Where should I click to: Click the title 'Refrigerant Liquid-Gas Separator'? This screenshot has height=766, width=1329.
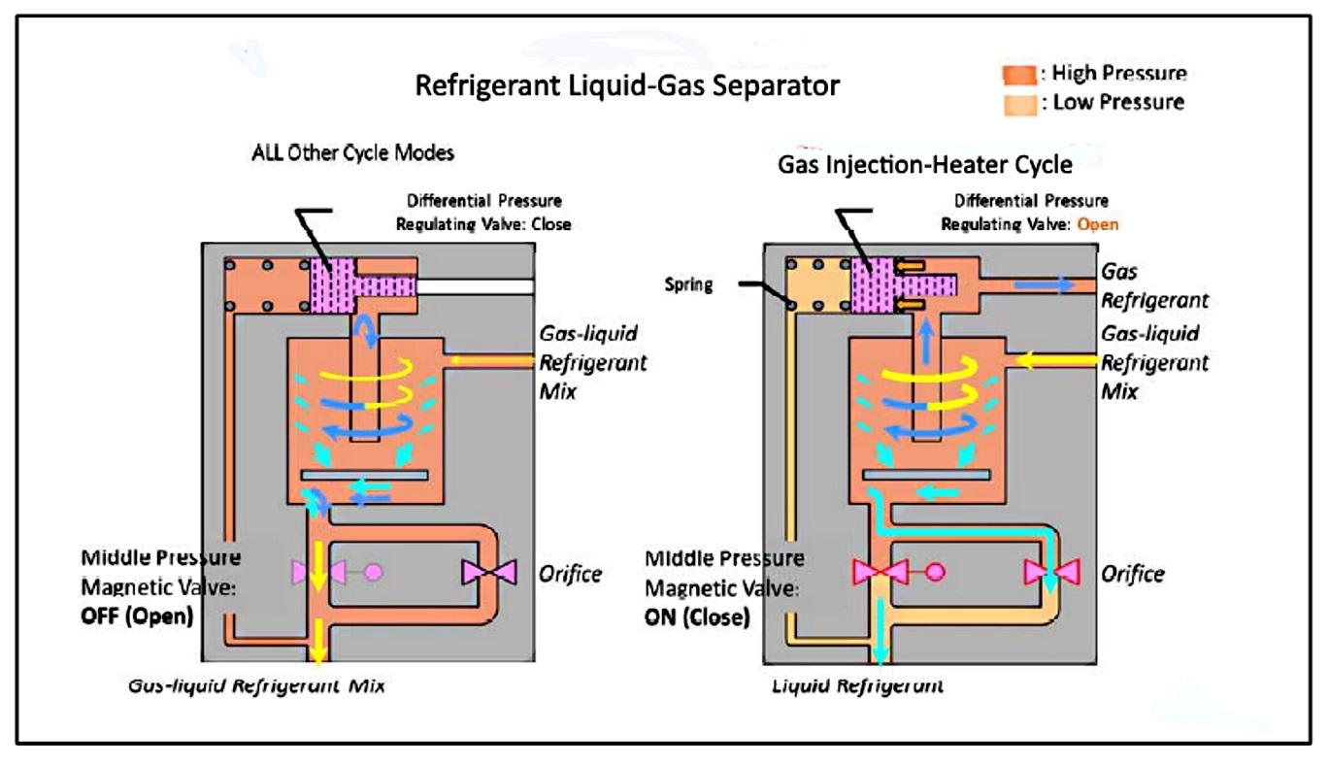tap(627, 85)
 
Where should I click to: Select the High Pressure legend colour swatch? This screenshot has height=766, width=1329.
tap(1019, 75)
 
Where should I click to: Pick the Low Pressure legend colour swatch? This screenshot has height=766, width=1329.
tap(1020, 105)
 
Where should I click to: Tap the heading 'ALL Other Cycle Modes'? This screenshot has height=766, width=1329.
tap(353, 153)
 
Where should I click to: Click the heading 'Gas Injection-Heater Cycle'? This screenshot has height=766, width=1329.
tap(925, 165)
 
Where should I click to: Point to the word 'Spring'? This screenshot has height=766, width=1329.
tap(688, 284)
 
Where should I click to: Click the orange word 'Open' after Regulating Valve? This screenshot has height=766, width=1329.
tap(1098, 224)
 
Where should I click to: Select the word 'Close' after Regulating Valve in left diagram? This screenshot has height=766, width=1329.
tap(551, 224)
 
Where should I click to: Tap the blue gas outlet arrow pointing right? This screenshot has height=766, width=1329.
tap(1044, 285)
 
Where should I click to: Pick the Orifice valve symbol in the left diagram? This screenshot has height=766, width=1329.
tap(489, 573)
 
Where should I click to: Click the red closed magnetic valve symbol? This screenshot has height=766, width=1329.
tap(880, 572)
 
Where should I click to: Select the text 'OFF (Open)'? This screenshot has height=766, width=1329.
tap(137, 616)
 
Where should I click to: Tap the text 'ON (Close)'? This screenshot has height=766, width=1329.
tap(697, 617)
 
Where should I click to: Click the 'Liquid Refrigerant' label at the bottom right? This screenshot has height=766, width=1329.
tap(857, 685)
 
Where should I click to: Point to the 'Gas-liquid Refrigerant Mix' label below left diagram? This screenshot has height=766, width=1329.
tap(256, 685)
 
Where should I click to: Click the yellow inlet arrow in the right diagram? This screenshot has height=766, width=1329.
tap(1057, 360)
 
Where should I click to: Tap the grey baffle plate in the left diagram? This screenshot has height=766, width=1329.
tap(364, 475)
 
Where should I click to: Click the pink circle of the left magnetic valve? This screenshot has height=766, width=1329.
tap(373, 572)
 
